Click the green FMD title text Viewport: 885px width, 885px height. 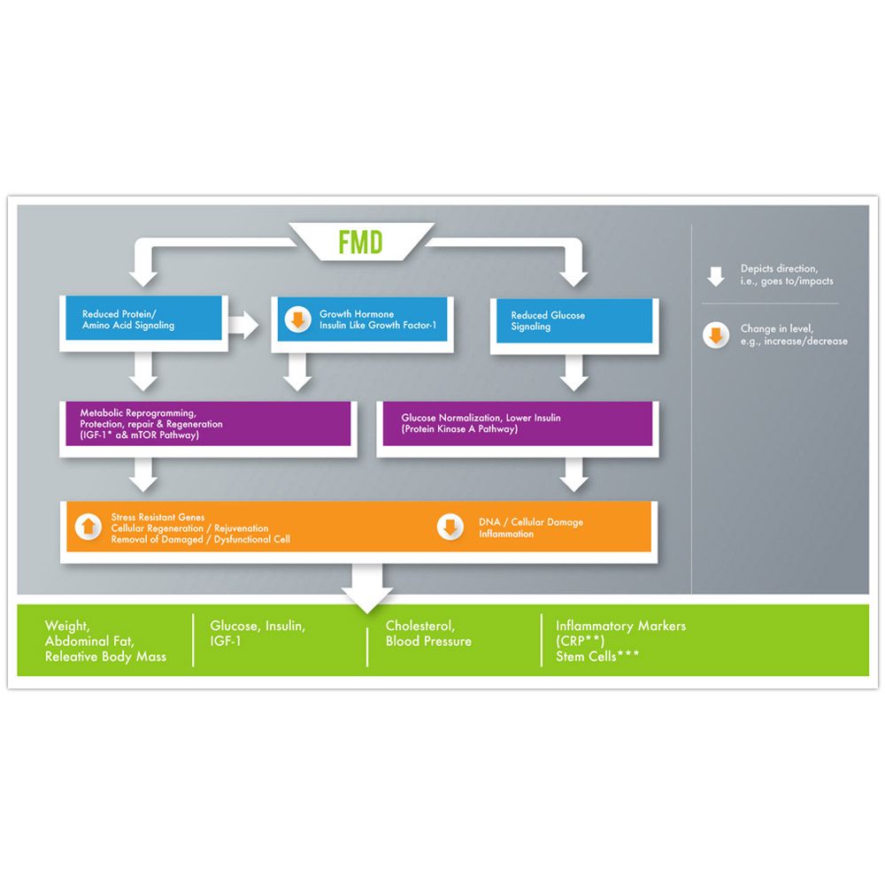pos(360,242)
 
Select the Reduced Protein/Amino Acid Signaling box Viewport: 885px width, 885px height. pos(142,319)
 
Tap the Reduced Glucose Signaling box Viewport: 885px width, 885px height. pos(573,321)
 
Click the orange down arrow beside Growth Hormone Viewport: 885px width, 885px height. pos(299,319)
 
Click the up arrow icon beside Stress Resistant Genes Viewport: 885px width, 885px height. pos(87,527)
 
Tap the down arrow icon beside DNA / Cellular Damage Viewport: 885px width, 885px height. pos(450,527)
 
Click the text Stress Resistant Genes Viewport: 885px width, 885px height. pos(158,517)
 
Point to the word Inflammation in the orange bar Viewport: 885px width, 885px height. pos(506,534)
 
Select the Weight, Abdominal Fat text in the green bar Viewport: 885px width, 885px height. pos(88,634)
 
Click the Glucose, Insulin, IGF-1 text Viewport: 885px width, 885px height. pos(258,634)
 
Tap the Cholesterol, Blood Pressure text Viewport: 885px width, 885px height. pos(428,634)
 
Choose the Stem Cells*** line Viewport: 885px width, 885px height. pos(598,657)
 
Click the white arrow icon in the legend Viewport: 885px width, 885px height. pos(716,275)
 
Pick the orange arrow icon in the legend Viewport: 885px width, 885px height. pos(716,335)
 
